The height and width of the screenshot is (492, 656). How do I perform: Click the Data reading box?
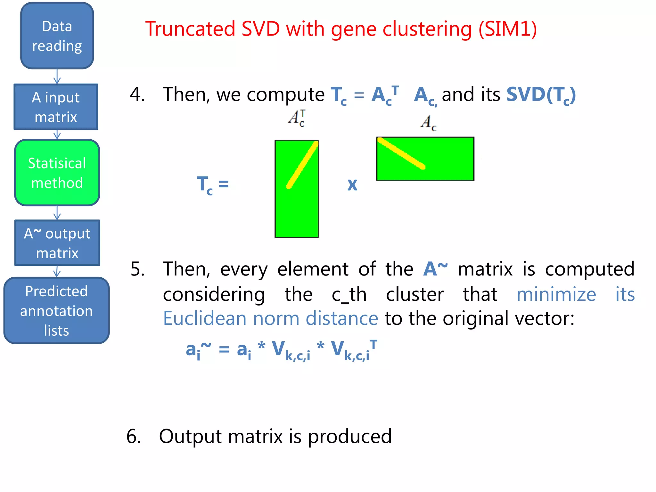[57, 36]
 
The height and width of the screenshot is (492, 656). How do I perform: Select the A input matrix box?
[56, 107]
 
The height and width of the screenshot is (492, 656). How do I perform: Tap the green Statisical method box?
[57, 173]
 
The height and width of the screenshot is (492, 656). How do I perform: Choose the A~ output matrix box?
[57, 243]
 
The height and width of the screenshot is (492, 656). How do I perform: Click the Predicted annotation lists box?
[56, 310]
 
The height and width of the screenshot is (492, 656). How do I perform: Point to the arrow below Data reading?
[57, 77]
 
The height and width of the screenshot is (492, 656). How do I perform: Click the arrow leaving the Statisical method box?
[57, 213]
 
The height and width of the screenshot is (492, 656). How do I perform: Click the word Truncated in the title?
[190, 29]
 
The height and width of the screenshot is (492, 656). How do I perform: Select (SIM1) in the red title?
[507, 29]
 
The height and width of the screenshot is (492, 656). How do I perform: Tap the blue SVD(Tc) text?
[541, 95]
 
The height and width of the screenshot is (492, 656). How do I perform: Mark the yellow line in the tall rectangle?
[302, 165]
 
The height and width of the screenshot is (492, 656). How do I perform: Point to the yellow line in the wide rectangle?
[401, 153]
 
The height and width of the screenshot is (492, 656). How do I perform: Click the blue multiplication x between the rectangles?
[352, 185]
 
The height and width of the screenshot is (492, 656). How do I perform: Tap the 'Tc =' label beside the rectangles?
[212, 185]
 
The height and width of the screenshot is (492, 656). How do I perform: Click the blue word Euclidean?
[204, 318]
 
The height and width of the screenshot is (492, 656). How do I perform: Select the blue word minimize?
[556, 294]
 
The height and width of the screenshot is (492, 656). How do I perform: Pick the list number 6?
[133, 436]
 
